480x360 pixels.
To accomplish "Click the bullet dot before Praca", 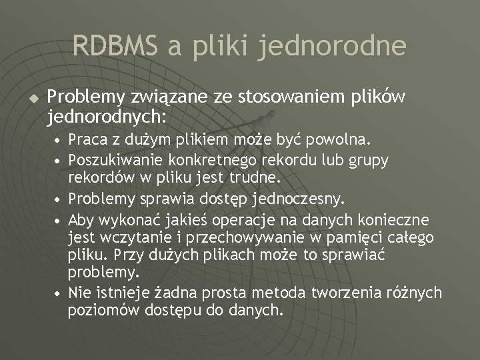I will click(59, 142).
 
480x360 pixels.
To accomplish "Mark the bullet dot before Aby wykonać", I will click(59, 219).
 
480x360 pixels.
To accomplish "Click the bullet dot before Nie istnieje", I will click(59, 293).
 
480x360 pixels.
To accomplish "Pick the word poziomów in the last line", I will click(97, 310).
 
